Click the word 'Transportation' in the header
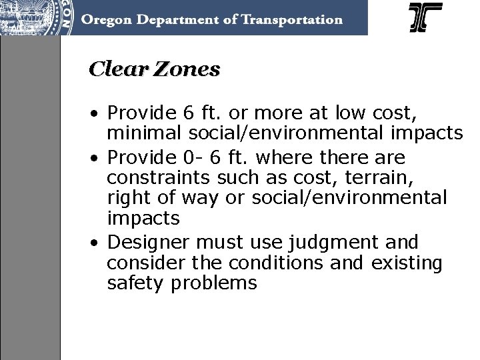pos(289,19)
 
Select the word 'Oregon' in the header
pos(106,19)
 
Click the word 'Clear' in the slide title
pos(115,69)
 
